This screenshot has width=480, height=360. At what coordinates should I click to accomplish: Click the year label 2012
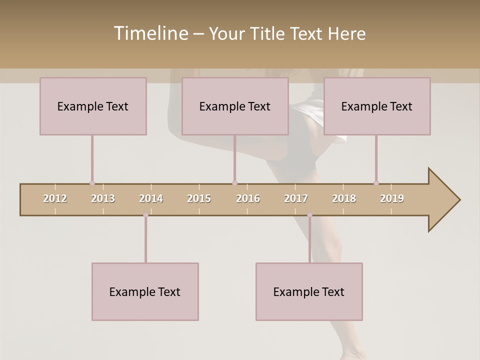(55, 198)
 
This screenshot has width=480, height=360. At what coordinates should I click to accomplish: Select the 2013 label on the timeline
(103, 198)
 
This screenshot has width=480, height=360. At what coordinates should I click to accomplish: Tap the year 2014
(151, 198)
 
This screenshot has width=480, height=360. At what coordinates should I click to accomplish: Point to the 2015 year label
(199, 198)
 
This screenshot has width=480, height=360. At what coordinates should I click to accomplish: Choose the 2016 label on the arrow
(248, 198)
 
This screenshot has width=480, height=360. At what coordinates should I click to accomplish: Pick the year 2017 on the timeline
(296, 198)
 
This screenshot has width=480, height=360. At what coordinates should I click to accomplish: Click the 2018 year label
(344, 198)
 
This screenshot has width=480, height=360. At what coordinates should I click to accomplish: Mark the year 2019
(392, 198)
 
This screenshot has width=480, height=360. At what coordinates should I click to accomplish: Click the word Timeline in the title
(150, 33)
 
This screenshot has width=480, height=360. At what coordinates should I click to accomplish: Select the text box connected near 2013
(93, 106)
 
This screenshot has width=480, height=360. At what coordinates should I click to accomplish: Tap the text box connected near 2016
(235, 106)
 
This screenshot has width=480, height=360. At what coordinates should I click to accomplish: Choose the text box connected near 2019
(377, 106)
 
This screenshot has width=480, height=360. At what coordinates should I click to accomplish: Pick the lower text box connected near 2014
(145, 291)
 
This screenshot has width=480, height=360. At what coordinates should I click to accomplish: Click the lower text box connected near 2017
(309, 291)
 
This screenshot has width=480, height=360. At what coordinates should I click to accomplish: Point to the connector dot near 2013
(92, 183)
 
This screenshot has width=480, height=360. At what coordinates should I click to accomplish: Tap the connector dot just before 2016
(234, 183)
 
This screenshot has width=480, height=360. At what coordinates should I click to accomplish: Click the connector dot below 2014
(145, 215)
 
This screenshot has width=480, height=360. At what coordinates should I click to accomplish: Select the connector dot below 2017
(309, 215)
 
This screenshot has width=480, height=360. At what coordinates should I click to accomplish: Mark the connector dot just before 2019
(376, 183)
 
